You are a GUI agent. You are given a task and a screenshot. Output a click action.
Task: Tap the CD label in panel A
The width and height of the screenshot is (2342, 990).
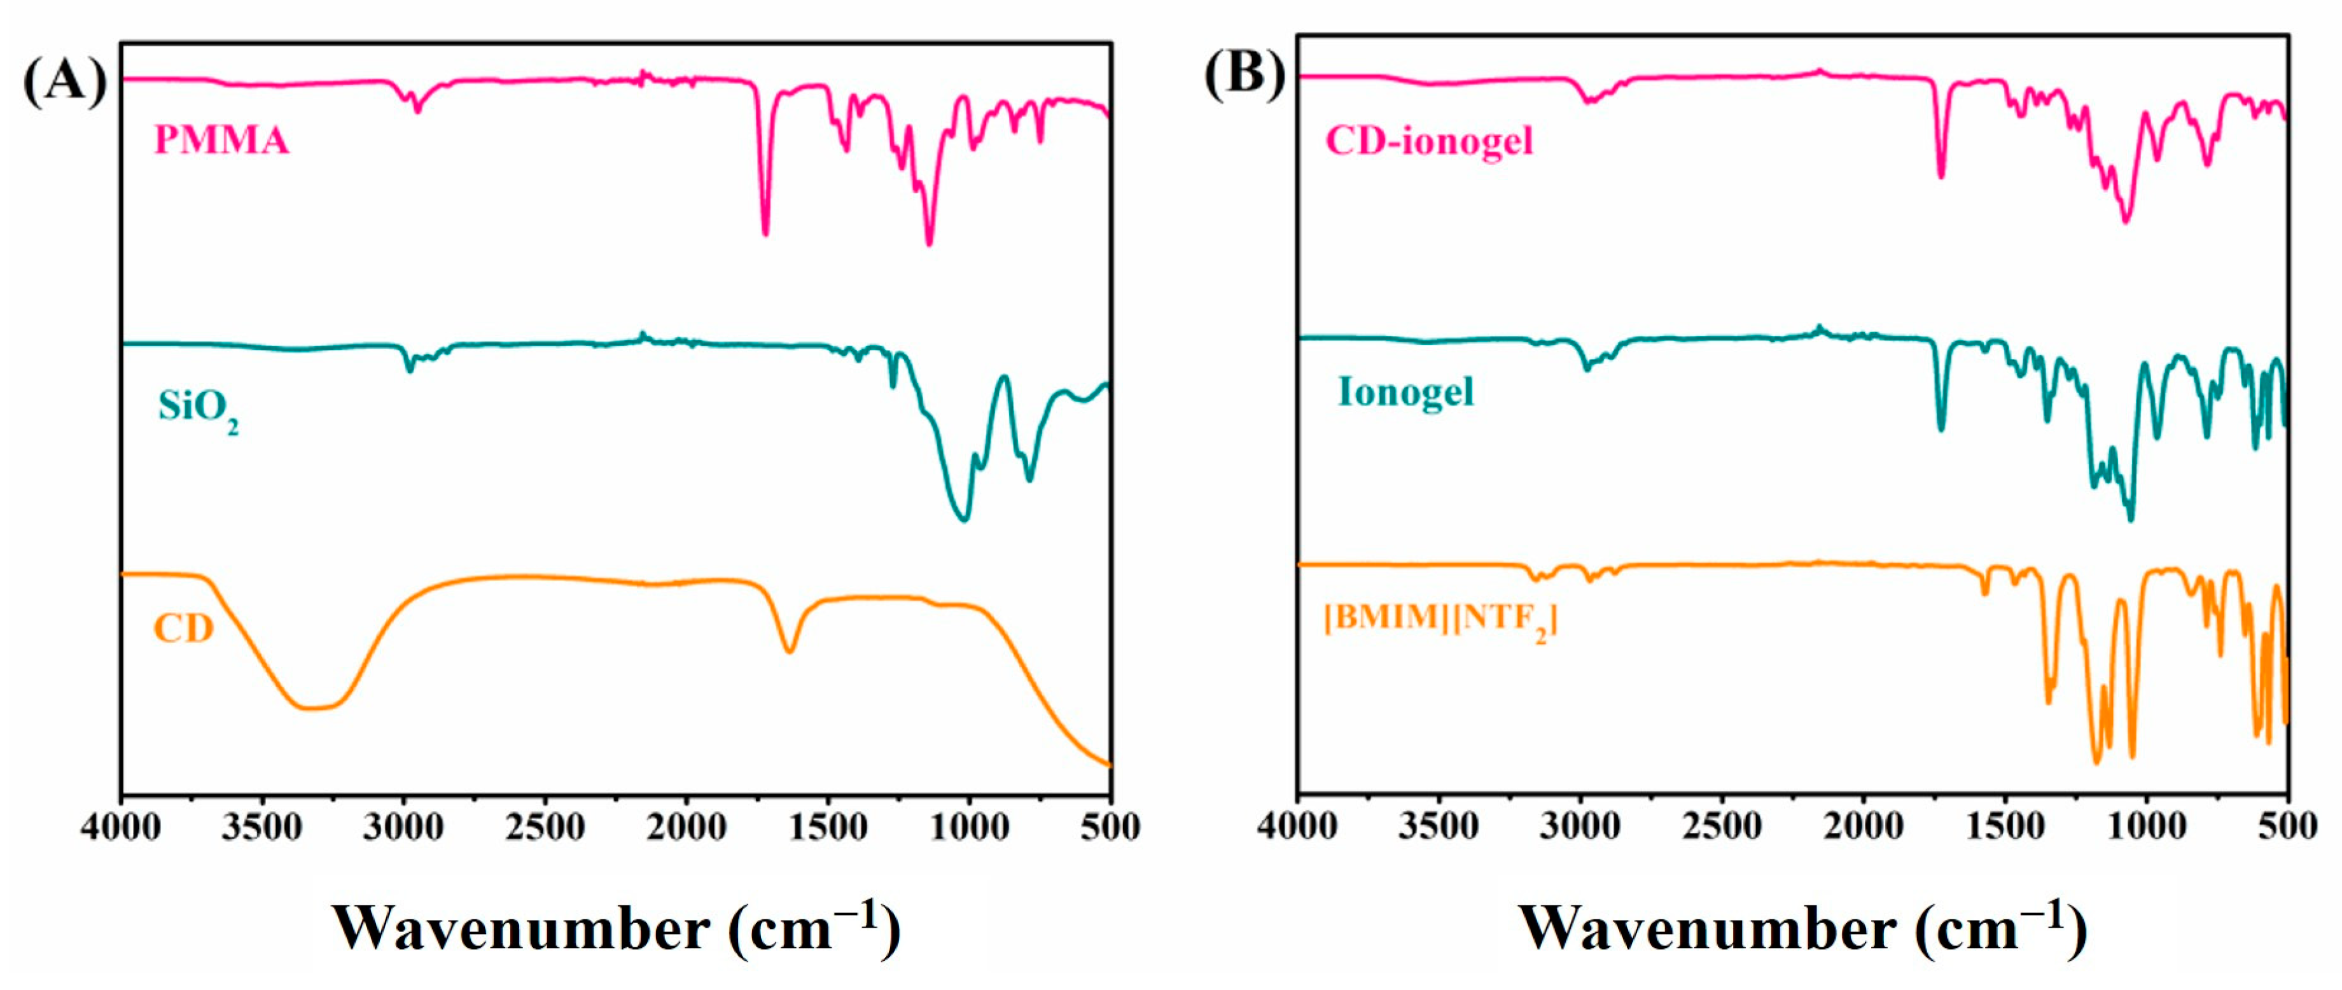point(183,628)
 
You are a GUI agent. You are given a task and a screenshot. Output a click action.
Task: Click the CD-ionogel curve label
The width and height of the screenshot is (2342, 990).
point(1428,141)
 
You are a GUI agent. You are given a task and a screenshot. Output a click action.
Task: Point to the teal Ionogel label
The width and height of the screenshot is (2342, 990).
point(1405,392)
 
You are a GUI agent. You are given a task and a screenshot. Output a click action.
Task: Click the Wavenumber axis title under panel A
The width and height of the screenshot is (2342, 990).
point(615,929)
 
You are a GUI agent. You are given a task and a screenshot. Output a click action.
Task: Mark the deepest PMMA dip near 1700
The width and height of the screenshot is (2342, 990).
point(765,234)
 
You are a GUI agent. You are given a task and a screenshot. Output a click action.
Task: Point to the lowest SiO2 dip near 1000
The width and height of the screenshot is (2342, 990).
point(964,519)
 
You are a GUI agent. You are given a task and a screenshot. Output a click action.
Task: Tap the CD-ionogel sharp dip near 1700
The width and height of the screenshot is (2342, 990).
point(1941,176)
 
